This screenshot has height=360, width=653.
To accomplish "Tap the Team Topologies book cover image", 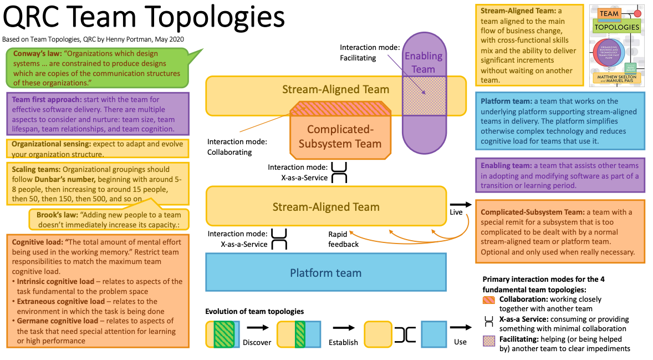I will point(616,45).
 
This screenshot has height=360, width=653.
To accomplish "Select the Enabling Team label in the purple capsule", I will point(423,62).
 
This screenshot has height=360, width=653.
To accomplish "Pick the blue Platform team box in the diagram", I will point(325,273).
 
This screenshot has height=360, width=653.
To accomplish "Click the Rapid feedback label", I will point(343,239).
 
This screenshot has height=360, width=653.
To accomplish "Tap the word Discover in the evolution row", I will point(257,342).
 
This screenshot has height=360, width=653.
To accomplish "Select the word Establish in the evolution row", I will point(343,342).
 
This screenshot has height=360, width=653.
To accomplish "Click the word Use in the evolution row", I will point(460,342).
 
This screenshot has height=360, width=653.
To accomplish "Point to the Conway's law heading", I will point(36,54).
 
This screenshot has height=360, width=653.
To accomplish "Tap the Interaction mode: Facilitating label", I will point(370,53).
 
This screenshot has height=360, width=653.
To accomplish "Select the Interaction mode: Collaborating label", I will point(237,147).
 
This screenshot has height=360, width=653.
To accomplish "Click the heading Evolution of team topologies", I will point(254,311).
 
